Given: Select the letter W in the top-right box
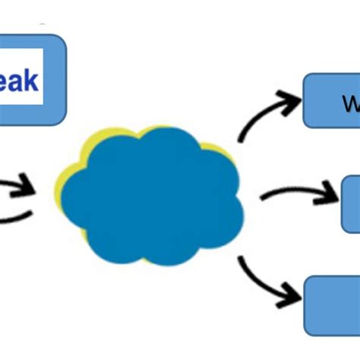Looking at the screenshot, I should click(x=350, y=104).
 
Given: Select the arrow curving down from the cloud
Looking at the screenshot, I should click(x=262, y=281).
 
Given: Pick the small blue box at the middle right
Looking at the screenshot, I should click(x=351, y=204).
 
